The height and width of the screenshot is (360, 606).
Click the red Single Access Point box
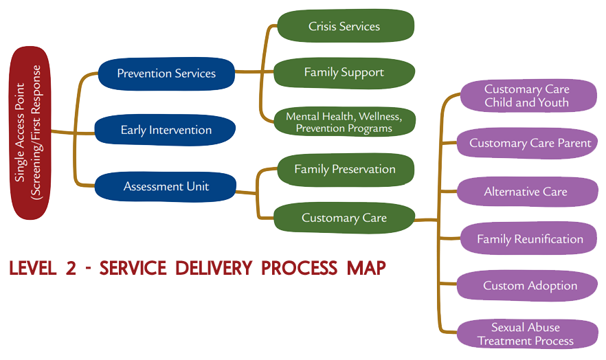(x=32, y=133)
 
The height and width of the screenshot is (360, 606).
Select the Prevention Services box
(x=166, y=74)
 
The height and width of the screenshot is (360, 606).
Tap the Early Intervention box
(x=166, y=130)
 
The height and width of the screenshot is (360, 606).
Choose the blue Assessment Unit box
(x=166, y=186)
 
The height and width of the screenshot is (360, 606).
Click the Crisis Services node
(x=344, y=27)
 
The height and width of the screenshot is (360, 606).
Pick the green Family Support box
(x=344, y=72)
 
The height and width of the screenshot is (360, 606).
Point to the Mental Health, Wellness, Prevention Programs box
(x=344, y=122)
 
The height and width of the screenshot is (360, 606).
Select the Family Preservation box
(x=345, y=169)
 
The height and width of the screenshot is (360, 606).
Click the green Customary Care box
(x=344, y=218)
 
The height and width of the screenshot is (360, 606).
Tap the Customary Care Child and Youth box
(x=527, y=95)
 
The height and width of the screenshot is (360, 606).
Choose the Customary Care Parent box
(x=527, y=144)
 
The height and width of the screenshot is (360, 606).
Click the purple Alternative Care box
(x=527, y=192)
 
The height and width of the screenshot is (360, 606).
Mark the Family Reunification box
(x=527, y=239)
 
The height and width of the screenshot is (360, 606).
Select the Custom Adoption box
(x=527, y=286)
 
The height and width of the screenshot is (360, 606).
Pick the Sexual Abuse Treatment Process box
(x=527, y=335)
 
